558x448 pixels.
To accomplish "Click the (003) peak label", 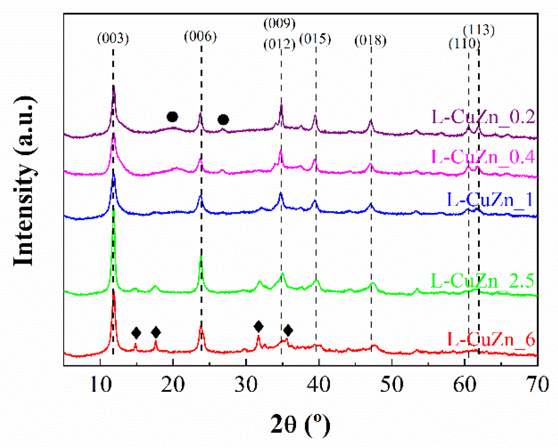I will point(113,39).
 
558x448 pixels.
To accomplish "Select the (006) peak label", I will point(200,36).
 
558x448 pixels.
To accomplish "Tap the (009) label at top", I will point(279,24).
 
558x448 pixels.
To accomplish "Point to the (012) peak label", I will point(279,44).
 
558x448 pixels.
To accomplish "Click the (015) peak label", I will point(315,39).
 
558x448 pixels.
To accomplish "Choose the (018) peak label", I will point(370,41).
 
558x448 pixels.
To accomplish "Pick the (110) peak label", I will point(464,43).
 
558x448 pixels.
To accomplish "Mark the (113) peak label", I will point(479,30).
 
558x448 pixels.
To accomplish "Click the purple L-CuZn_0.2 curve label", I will point(483,117).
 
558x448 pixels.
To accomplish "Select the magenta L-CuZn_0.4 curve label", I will point(483,157).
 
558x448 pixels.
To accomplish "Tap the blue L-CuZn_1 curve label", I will point(489,199).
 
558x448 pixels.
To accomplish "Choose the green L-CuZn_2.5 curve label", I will point(482,280).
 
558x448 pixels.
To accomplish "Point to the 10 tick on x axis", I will point(100,385).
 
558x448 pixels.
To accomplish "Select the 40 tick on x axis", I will point(318,385).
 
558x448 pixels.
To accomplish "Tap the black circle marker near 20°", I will point(172,117).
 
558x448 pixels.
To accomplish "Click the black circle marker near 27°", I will point(223,120).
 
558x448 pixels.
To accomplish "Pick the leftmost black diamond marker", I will point(136,333).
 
